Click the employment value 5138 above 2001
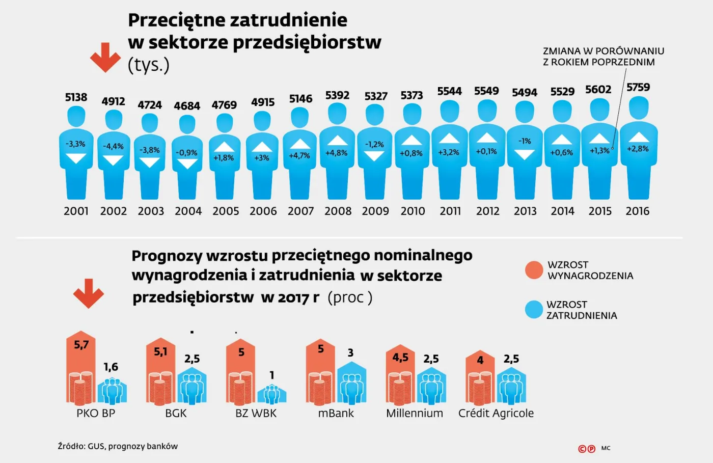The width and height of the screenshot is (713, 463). [x=76, y=97]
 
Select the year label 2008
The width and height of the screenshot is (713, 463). [x=338, y=211]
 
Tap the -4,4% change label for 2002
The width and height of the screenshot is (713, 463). [x=113, y=146]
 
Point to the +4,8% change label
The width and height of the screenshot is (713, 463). [x=336, y=152]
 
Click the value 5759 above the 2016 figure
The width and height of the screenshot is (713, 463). [x=638, y=87]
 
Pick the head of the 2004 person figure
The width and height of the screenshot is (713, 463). [x=187, y=123]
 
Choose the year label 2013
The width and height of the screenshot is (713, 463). [x=525, y=211]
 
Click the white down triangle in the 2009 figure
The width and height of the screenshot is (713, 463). [x=374, y=156]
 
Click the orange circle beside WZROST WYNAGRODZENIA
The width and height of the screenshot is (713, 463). [x=534, y=270]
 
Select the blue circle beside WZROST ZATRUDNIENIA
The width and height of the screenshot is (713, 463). [x=534, y=309]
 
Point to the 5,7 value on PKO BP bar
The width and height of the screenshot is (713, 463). [x=81, y=345]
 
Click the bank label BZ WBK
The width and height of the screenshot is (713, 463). [x=256, y=413]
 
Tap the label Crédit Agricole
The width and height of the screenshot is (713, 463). [x=496, y=413]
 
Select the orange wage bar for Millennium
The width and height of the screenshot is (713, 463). [x=400, y=377]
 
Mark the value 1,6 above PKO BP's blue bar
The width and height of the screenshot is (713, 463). [x=111, y=367]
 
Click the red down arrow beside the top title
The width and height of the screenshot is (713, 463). [x=105, y=58]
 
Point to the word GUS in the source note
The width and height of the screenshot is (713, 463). [x=95, y=446]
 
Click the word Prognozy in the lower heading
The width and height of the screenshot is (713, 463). [x=167, y=255]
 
